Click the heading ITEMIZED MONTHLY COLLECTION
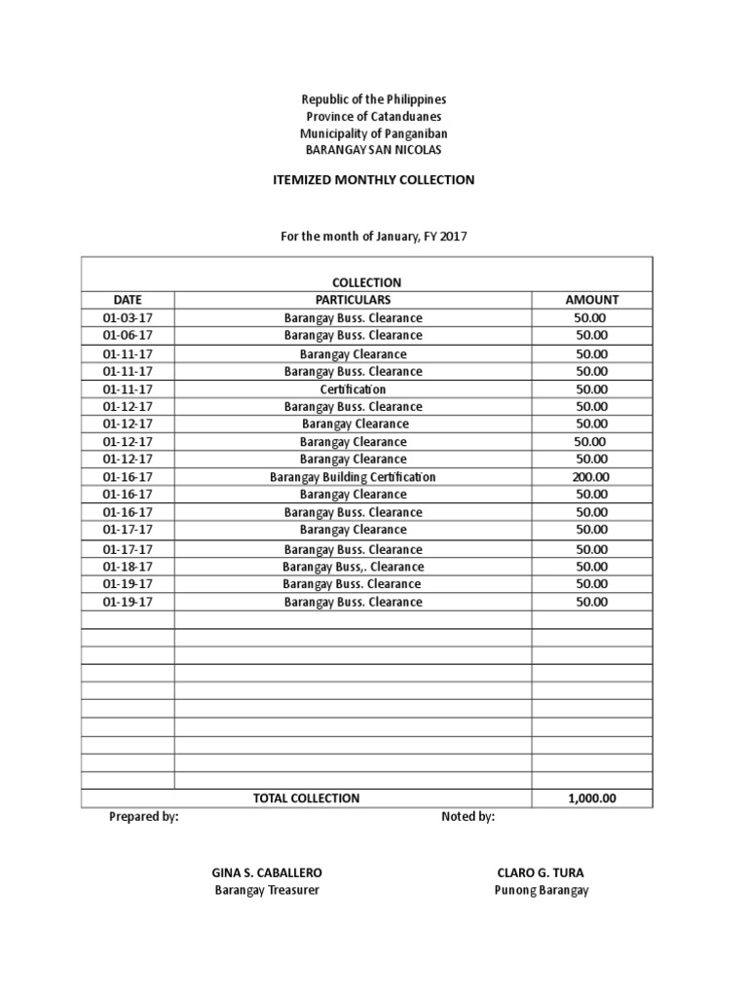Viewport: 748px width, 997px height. tap(374, 180)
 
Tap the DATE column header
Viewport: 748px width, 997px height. tap(128, 300)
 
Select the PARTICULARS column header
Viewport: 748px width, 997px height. tap(353, 300)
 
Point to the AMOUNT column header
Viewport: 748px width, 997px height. tap(591, 300)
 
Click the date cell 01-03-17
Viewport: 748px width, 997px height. tap(128, 318)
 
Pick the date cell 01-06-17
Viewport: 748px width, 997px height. tap(128, 336)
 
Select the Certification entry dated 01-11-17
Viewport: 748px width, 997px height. tap(353, 389)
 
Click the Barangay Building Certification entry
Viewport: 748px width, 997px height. tap(353, 477)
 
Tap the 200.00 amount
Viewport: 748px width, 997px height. tap(591, 477)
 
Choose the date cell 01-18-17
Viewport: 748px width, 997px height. tap(128, 567)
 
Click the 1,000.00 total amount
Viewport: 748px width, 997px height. tap(591, 798)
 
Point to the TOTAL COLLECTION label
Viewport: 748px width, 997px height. tap(306, 798)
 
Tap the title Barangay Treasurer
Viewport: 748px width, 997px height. tap(267, 891)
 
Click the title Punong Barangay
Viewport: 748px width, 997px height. tap(541, 891)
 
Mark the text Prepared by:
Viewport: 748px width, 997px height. tap(143, 817)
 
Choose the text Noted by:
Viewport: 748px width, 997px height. tap(467, 817)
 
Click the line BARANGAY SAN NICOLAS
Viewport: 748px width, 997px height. tap(374, 150)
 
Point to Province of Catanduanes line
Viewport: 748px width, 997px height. tap(374, 117)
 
